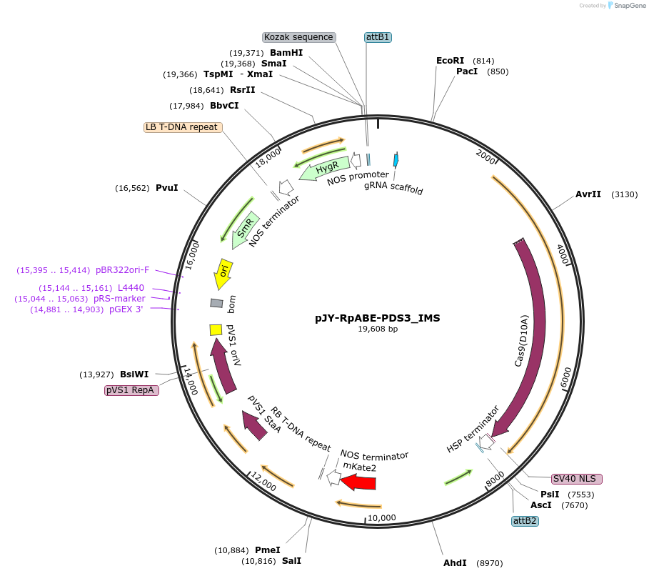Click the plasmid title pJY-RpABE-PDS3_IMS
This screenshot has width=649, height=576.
coord(378,318)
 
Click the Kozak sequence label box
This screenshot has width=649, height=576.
coord(298,37)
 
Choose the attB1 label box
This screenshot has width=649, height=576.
coord(378,37)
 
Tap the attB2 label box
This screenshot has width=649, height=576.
coord(525,521)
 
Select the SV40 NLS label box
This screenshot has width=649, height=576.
coord(577,479)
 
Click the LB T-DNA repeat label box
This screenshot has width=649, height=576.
coord(182,127)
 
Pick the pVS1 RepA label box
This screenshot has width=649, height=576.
coord(131,390)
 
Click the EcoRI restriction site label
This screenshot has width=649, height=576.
coord(450,61)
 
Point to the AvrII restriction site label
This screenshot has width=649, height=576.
coord(588,194)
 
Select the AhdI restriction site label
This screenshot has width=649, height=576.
coord(455,563)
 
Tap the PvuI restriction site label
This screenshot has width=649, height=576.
coord(166,188)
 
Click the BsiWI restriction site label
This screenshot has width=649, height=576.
coord(134,374)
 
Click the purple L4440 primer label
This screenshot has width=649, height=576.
coord(131,287)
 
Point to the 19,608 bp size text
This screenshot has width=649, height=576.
coord(378,329)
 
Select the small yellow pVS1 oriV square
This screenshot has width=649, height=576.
coord(215,329)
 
